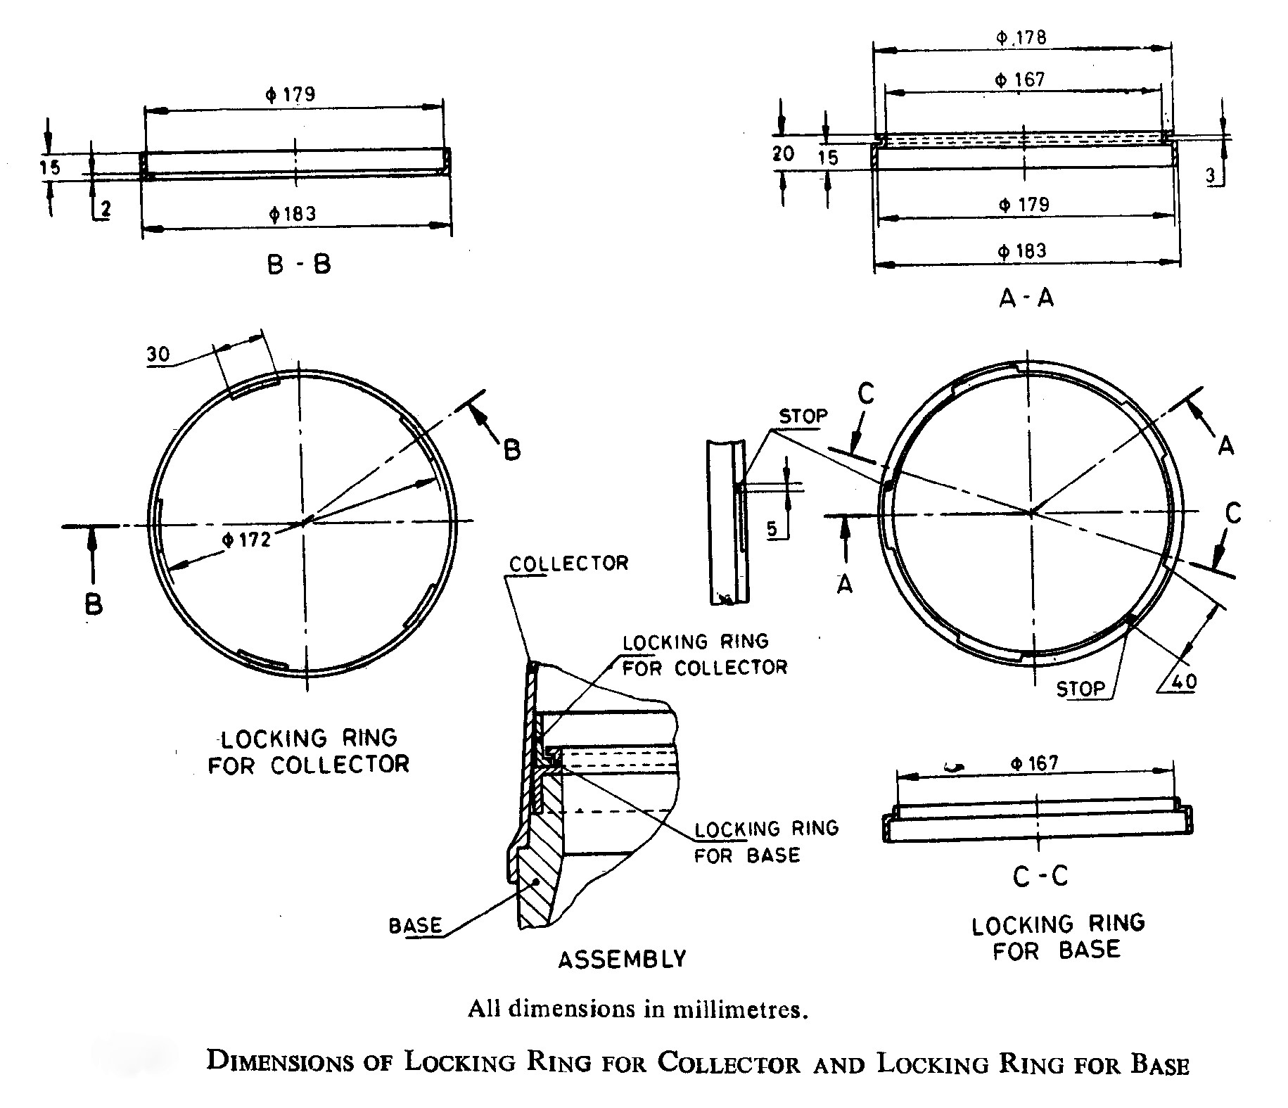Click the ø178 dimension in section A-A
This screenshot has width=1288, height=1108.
[x=1021, y=37]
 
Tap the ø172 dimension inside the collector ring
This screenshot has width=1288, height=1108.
[x=246, y=540]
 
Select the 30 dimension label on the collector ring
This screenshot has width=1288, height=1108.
[x=158, y=354]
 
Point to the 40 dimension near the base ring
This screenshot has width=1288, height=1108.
[x=1182, y=681]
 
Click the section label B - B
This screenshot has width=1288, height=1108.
[x=299, y=265]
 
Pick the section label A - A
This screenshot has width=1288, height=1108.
[x=1026, y=298]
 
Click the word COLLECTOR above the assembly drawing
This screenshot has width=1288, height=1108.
[x=568, y=563]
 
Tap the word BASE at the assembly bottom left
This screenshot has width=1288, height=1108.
[x=415, y=925]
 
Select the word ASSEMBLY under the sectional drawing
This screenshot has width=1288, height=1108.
[x=622, y=959]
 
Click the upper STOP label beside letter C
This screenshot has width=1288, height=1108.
[x=803, y=416]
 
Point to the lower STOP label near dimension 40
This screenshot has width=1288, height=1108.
[x=1080, y=688]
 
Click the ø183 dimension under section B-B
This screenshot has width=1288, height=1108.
[x=293, y=214]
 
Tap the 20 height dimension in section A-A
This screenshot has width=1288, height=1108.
[x=783, y=153]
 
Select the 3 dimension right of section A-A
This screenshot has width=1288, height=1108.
[x=1211, y=177]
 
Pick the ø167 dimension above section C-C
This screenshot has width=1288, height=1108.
[x=1034, y=763]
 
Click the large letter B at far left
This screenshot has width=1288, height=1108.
[x=93, y=604]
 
